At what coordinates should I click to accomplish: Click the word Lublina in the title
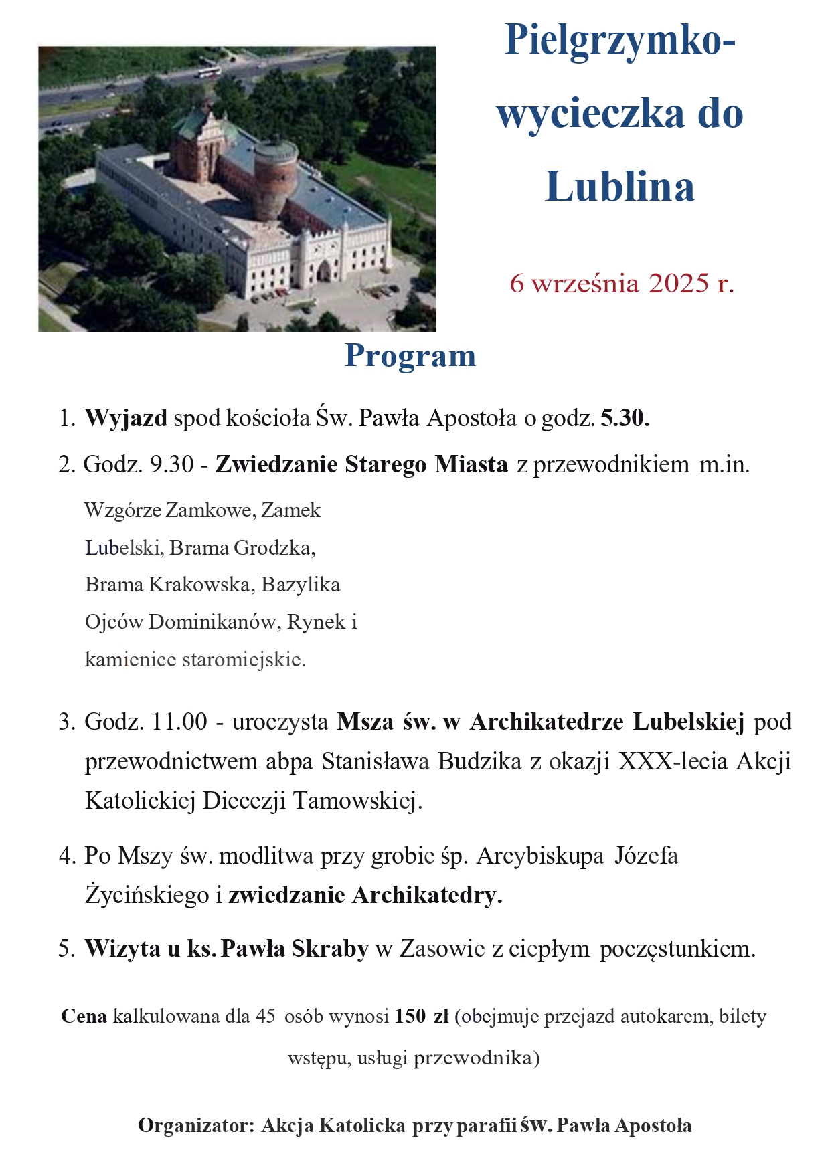(x=620, y=187)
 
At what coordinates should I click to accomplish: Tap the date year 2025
(x=678, y=283)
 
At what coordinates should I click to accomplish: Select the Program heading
(x=410, y=355)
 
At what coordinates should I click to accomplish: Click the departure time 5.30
(x=625, y=418)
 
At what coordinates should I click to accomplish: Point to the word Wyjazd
(x=126, y=418)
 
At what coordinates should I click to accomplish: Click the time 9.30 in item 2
(x=172, y=464)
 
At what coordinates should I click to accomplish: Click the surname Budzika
(x=479, y=761)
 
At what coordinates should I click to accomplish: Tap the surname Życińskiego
(x=147, y=895)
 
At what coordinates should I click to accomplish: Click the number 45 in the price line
(x=265, y=1017)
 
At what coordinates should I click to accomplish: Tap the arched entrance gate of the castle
(x=325, y=270)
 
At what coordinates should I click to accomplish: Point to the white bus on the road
(x=210, y=71)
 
